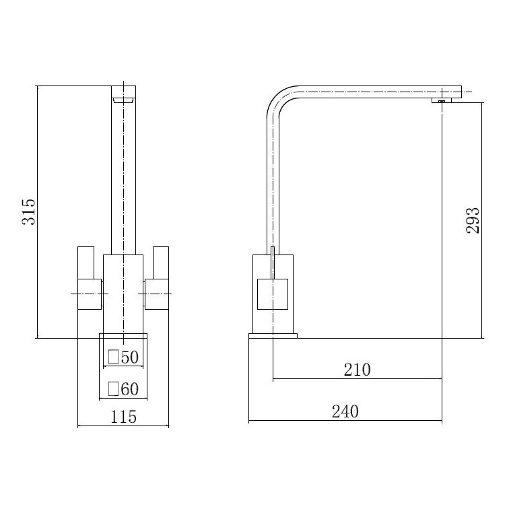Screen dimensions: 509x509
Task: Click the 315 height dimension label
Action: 28,212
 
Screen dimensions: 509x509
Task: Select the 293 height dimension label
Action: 474,219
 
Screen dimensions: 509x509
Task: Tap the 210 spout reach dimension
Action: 357,369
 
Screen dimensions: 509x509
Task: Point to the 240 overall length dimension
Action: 345,411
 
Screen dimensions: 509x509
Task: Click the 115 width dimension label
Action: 123,417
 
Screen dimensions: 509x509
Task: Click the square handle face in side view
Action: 273,294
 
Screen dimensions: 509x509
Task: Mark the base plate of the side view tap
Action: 273,335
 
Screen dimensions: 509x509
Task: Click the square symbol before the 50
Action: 114,358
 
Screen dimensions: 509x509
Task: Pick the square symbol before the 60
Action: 114,388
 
